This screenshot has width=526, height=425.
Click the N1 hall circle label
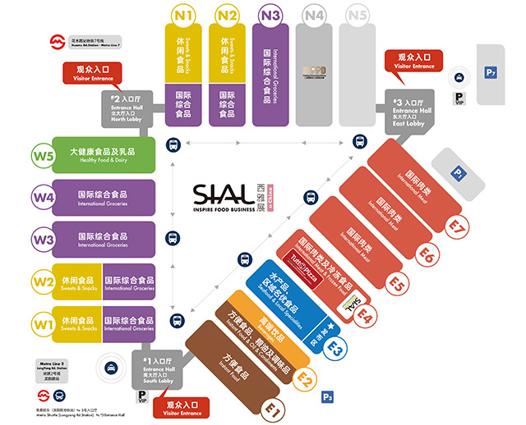pyautogui.click(x=184, y=16)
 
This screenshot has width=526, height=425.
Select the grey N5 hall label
pyautogui.click(x=357, y=16)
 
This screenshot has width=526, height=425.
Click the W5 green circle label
pyautogui.click(x=42, y=154)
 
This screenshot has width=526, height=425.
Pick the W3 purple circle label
pyautogui.click(x=42, y=240)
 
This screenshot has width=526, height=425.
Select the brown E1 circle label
pyautogui.click(x=272, y=407)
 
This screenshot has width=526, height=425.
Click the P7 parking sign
pyautogui.click(x=491, y=73)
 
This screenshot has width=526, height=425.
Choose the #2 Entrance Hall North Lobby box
pyautogui.click(x=129, y=107)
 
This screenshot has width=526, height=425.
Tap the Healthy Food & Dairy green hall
pyautogui.click(x=104, y=154)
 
